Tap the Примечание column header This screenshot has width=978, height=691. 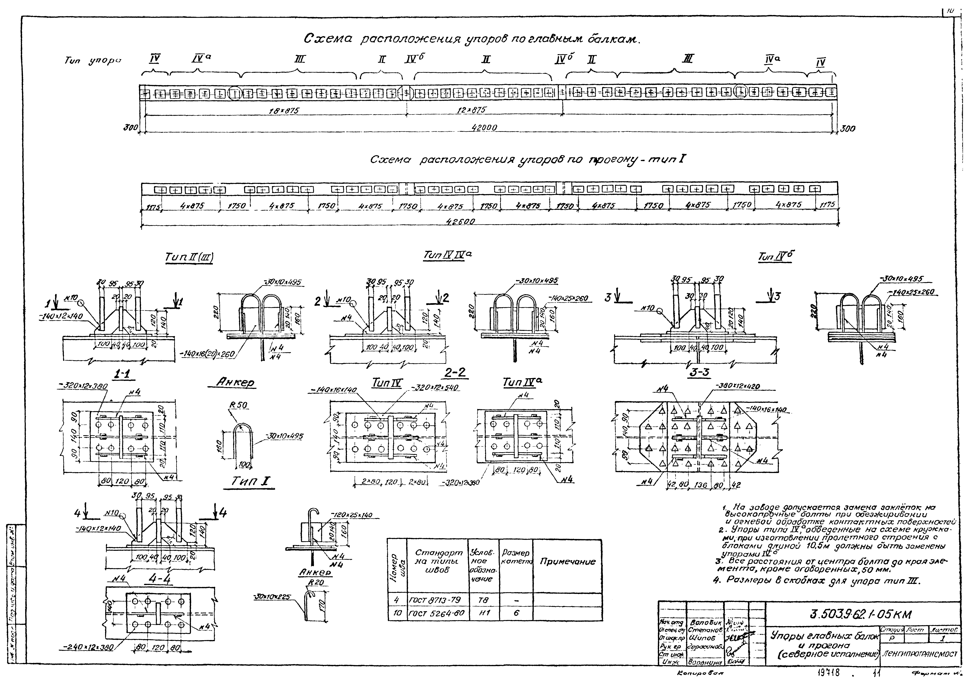tap(567, 562)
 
